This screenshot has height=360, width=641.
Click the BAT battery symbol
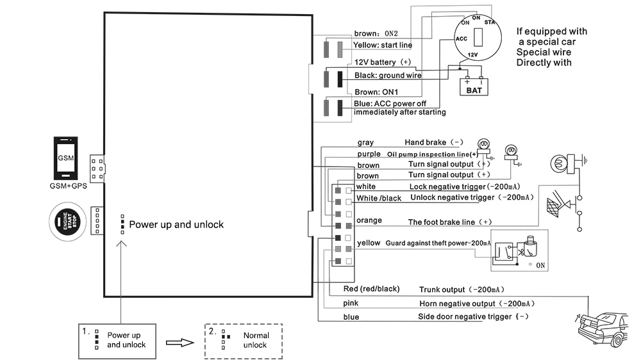pos(474,85)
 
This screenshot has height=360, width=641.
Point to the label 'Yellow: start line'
pos(383,45)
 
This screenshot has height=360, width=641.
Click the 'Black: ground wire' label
pos(388,76)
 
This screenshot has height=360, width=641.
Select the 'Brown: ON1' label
pos(376,92)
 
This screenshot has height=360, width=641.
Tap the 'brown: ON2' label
pos(376,34)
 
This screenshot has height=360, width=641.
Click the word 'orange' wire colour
pos(369,221)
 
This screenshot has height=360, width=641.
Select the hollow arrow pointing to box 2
pos(180,342)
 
